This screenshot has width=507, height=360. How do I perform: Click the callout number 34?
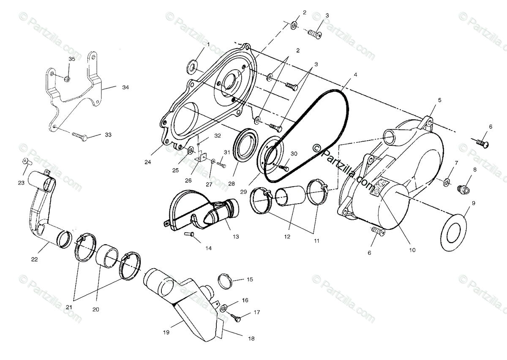pos(125,87)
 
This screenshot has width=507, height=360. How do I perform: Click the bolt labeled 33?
pos(79,136)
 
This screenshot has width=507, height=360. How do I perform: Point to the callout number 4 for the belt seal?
pos(355,75)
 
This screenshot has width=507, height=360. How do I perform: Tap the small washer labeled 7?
pos(446,182)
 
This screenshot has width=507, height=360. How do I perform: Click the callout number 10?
pos(412,250)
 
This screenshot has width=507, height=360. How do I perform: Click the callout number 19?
pos(166,333)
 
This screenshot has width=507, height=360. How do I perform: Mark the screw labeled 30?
pos(285,168)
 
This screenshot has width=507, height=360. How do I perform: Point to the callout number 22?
pos(35,259)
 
